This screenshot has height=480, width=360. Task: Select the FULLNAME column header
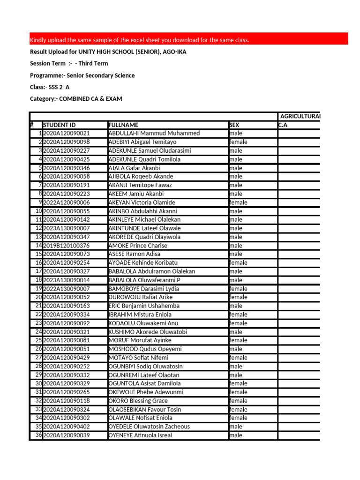pos(123,125)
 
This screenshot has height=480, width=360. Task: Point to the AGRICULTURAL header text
pos(300,116)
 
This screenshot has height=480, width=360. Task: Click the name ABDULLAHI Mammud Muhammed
pos(154,134)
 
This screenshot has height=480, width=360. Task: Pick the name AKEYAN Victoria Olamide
pos(142,202)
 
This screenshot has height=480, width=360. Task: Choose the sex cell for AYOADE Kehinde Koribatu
pos(238,263)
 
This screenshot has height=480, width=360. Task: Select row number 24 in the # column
pos(38,332)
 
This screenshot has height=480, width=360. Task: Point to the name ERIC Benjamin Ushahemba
pos(144,306)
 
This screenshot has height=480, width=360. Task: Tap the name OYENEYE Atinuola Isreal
pos(140,435)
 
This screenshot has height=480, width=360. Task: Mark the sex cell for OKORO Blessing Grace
pos(238,401)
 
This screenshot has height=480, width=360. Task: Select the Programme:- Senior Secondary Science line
pos(82,75)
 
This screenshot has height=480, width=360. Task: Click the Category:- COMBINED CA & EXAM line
pos(76,99)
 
